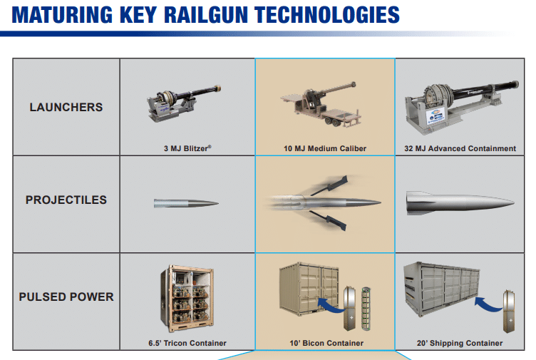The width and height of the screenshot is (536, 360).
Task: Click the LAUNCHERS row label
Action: [x=66, y=108]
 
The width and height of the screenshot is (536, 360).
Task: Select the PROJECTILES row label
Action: [x=66, y=200]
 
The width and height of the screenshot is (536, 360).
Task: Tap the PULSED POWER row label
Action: [x=66, y=297]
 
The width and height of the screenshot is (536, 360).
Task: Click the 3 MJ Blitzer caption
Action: [x=187, y=149]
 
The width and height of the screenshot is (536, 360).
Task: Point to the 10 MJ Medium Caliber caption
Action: [x=324, y=149]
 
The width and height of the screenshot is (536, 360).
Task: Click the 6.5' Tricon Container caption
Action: [x=187, y=343]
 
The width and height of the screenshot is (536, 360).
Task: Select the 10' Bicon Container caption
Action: [x=324, y=343]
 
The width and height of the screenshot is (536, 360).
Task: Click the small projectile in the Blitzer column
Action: [x=186, y=203]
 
